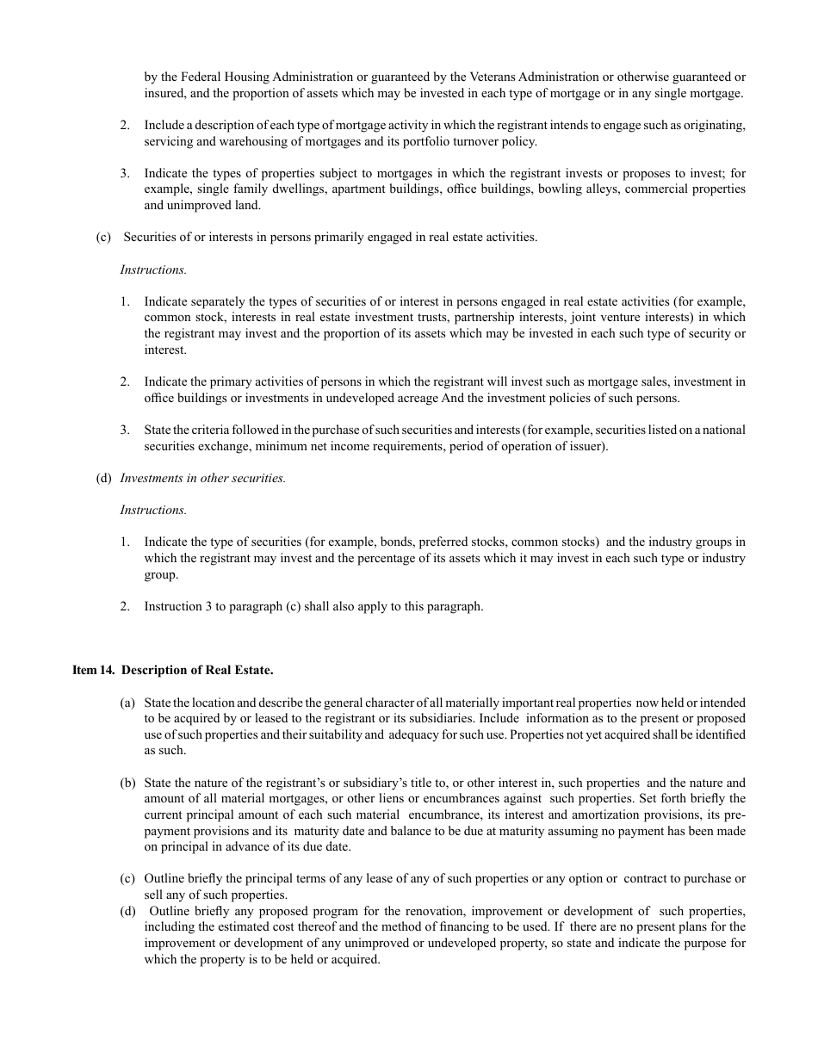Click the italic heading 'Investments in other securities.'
(x=203, y=478)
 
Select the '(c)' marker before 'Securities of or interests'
(x=103, y=237)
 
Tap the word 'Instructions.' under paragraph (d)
(x=153, y=510)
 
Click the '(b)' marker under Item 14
(x=127, y=783)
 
